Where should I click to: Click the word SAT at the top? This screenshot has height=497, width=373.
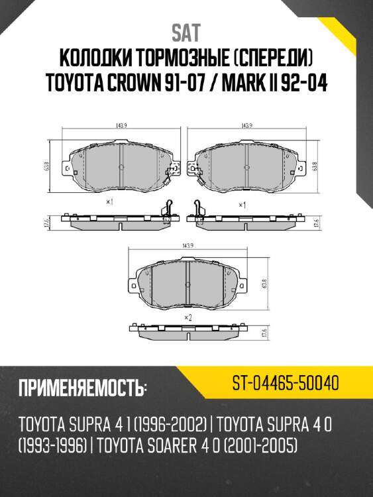186,31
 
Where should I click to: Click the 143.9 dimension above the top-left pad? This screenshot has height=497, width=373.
113,125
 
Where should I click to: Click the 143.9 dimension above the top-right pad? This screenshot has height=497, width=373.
246,125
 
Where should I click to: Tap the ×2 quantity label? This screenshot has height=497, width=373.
187,318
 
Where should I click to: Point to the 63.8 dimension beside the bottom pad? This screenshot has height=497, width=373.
264,285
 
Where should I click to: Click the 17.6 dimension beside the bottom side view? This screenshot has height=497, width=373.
263,333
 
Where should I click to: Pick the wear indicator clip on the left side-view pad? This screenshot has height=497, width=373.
166,211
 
